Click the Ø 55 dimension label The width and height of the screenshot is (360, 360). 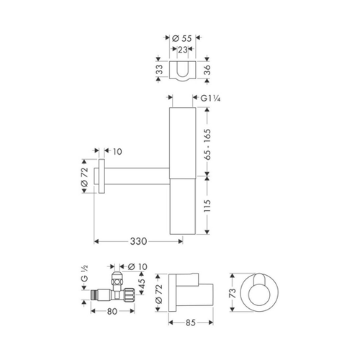pyautogui.click(x=182, y=38)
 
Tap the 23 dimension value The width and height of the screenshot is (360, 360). pyautogui.click(x=182, y=50)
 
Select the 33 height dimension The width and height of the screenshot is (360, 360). pyautogui.click(x=159, y=69)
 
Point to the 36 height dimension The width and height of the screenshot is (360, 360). pyautogui.click(x=207, y=70)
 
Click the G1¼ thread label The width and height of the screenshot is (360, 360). pyautogui.click(x=210, y=99)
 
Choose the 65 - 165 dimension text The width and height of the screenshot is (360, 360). pyautogui.click(x=207, y=145)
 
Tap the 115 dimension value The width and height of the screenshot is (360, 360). pyautogui.click(x=207, y=205)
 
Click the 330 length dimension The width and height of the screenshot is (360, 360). pyautogui.click(x=138, y=241)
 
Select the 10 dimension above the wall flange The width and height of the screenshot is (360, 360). pyautogui.click(x=117, y=152)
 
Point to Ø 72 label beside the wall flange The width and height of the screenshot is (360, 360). pyautogui.click(x=84, y=177)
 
